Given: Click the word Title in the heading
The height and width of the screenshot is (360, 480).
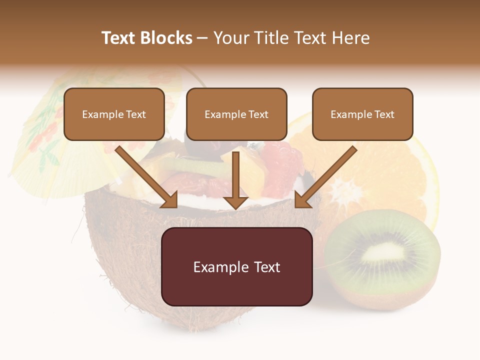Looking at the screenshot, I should click(269, 38).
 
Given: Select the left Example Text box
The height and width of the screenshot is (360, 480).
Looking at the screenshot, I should click(114, 114).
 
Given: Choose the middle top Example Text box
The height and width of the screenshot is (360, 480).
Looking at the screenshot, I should click(236, 114).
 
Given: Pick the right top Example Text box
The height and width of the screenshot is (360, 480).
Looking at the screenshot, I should click(362, 114).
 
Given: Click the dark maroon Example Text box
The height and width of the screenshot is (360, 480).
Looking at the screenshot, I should click(236, 266).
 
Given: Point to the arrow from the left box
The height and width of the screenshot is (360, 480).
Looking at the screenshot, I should click(147, 177).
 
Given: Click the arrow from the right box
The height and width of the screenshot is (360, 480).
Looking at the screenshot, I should click(325, 177).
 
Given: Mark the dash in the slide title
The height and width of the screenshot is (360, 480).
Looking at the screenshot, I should click(202, 38).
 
